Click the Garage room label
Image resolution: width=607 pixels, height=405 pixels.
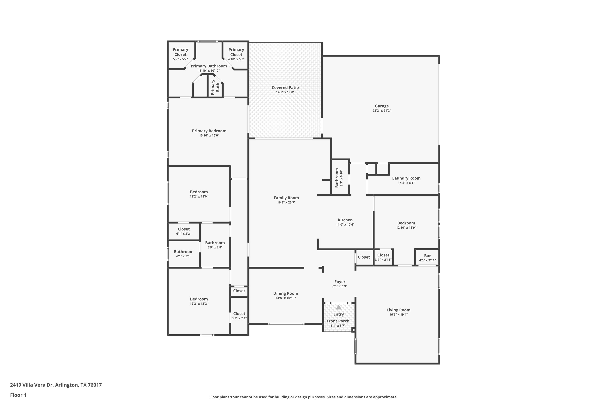pyautogui.click(x=381, y=106)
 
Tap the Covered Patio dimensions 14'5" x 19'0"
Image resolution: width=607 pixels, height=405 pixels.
pyautogui.click(x=285, y=92)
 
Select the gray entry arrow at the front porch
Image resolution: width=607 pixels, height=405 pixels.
pyautogui.click(x=338, y=307)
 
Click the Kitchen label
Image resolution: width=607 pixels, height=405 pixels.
pyautogui.click(x=345, y=220)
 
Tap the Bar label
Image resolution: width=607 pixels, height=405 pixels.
pyautogui.click(x=427, y=256)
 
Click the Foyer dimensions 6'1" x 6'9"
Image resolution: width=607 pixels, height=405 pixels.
pyautogui.click(x=340, y=286)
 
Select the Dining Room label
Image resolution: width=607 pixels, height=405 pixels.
pyautogui.click(x=285, y=293)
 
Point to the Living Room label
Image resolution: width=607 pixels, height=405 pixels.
pyautogui.click(x=398, y=310)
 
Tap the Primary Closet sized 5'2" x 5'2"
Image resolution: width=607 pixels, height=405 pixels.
pyautogui.click(x=180, y=54)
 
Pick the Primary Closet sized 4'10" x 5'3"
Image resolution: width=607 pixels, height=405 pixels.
pyautogui.click(x=236, y=54)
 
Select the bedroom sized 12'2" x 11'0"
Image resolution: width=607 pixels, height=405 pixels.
pyautogui.click(x=199, y=194)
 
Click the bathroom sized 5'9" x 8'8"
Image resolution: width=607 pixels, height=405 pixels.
pyautogui.click(x=215, y=245)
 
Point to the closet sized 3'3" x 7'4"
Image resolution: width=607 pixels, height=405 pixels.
pyautogui.click(x=239, y=316)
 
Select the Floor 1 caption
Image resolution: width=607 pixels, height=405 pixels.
pyautogui.click(x=18, y=395)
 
